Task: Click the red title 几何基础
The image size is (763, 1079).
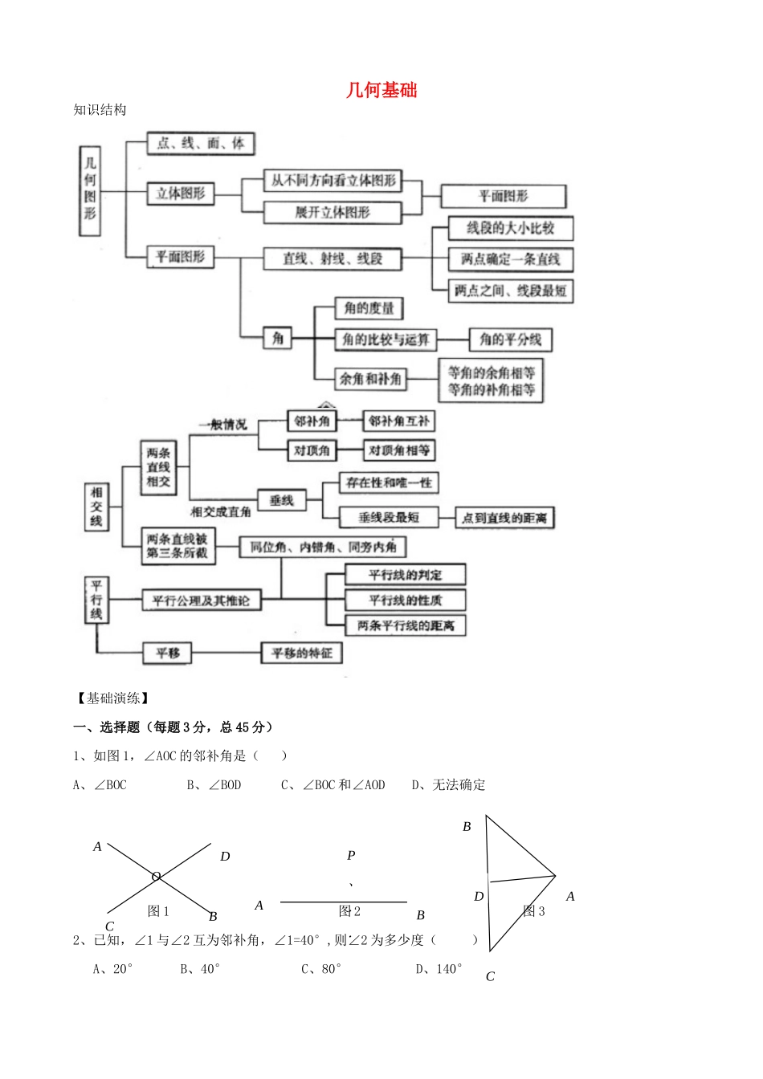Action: click(381, 90)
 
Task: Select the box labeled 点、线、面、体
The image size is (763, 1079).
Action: click(201, 144)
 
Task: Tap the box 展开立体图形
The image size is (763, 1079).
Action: click(333, 213)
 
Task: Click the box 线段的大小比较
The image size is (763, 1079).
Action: click(511, 228)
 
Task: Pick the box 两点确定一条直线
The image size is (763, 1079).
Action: click(511, 259)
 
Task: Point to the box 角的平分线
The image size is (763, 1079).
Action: click(511, 340)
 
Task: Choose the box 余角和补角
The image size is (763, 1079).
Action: click(370, 379)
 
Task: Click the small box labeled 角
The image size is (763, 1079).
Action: click(278, 339)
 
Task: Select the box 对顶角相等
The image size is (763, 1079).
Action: click(399, 450)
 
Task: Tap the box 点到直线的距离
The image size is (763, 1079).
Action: click(504, 519)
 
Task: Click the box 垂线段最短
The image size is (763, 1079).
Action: click(389, 518)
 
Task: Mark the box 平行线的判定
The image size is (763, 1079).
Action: click(406, 575)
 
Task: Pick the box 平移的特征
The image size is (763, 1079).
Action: click(302, 654)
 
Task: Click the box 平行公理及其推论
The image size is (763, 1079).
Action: click(202, 601)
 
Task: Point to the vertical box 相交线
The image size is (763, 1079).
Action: click(96, 507)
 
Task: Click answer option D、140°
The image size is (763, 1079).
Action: click(439, 969)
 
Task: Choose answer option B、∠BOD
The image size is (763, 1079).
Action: click(214, 785)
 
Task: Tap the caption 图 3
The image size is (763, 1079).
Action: click(534, 911)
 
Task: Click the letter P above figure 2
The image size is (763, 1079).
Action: click(351, 856)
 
